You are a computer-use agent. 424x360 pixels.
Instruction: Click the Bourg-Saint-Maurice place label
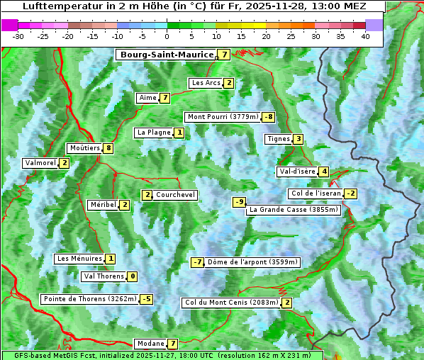pos(167,55)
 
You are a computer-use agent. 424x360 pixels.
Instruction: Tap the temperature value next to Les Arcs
pos(229,83)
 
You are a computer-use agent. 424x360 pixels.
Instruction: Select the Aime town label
pos(147,98)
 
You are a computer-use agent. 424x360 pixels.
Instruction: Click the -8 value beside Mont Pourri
pos(268,117)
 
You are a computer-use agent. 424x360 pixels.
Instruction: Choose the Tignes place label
pos(278,139)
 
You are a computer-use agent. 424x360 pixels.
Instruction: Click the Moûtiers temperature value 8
pos(108,148)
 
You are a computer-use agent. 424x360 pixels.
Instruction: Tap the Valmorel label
pos(40,163)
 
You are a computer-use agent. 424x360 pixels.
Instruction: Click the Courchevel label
pos(175,195)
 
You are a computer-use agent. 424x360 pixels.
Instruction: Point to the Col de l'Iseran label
pos(316,193)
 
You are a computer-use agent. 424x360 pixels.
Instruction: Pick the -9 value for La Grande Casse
pos(240,202)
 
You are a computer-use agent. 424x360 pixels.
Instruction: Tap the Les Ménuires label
pos(79,259)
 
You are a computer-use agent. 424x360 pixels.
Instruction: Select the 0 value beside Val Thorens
pos(133,276)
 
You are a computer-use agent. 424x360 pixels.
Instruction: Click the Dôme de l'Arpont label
pos(253,262)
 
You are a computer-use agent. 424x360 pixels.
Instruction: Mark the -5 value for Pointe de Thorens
pos(146,299)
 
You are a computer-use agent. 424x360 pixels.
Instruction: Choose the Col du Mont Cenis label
pos(230,303)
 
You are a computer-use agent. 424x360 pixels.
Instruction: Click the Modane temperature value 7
pos(172,344)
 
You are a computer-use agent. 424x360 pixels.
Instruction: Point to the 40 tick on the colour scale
pos(365,36)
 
